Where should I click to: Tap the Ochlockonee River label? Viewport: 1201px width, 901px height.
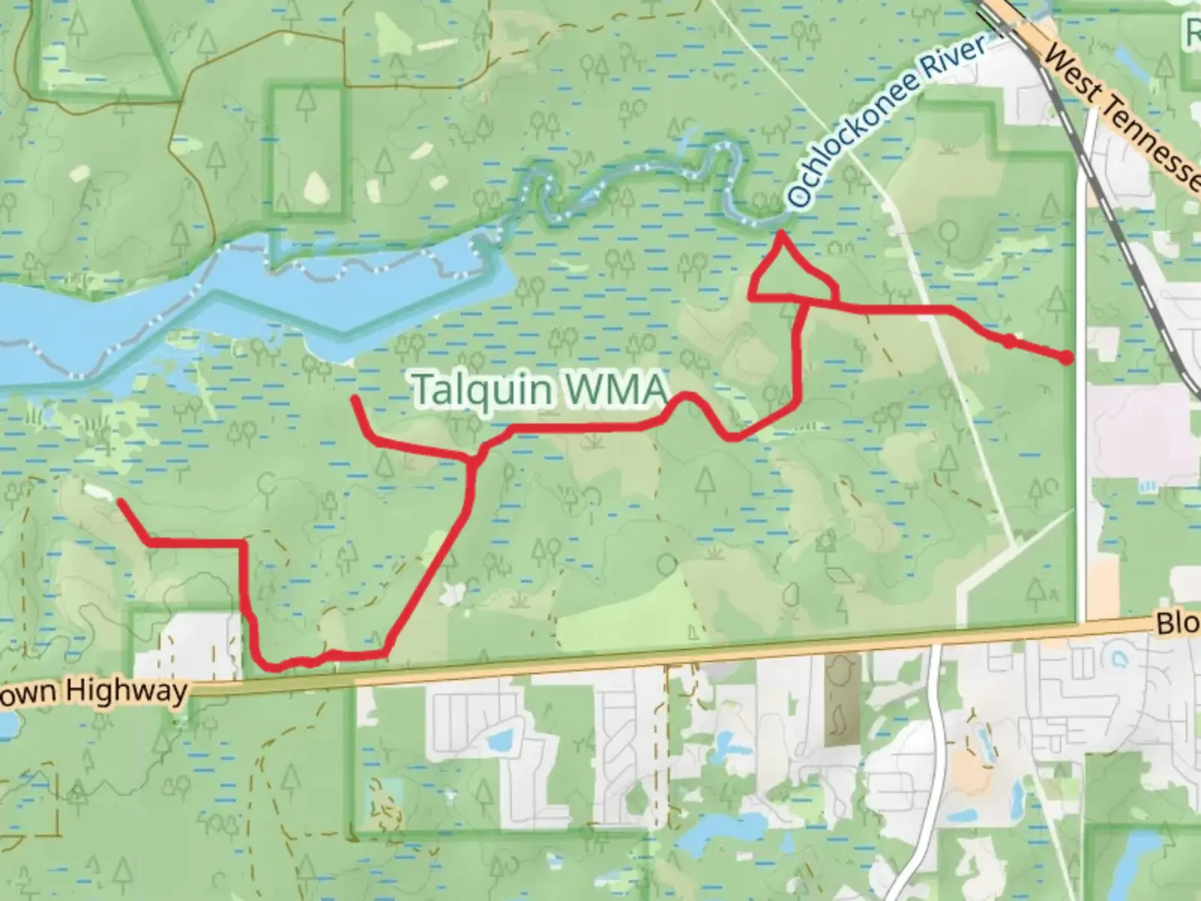tap(887, 123)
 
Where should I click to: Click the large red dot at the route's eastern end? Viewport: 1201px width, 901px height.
tap(1067, 358)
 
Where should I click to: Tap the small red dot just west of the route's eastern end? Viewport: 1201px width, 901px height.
tap(1009, 340)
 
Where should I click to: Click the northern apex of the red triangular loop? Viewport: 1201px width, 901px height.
tap(781, 234)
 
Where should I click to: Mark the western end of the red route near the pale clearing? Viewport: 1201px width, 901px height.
tap(120, 501)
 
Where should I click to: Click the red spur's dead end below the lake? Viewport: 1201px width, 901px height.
tap(354, 400)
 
